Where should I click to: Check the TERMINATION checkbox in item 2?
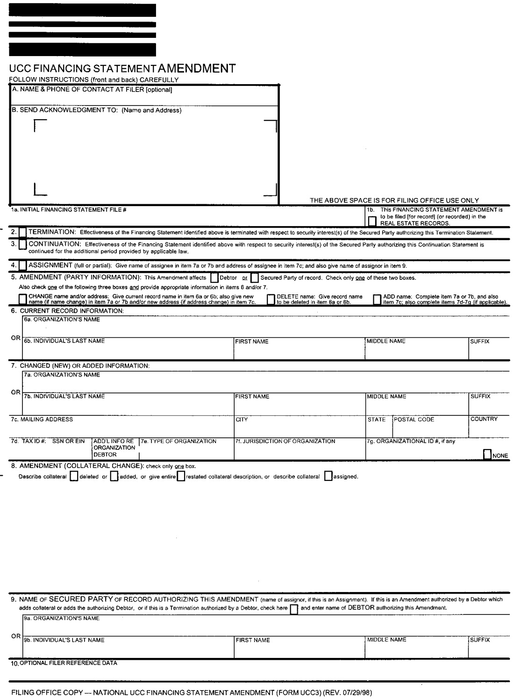click(x=23, y=232)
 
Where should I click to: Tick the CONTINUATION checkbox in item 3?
click(x=23, y=244)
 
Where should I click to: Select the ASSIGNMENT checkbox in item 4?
click(x=23, y=265)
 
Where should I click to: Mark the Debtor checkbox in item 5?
click(x=214, y=278)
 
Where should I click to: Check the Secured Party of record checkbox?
click(x=255, y=278)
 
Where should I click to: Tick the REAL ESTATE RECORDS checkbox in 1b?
click(x=372, y=221)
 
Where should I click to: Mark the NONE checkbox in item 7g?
click(x=487, y=454)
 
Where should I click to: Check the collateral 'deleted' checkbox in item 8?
click(x=73, y=476)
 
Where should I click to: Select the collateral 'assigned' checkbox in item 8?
click(x=328, y=476)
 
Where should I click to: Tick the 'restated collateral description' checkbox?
click(x=181, y=476)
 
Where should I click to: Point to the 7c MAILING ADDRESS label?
click(x=42, y=420)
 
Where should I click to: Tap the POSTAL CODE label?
click(x=414, y=420)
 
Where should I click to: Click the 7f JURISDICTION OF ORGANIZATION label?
click(x=286, y=441)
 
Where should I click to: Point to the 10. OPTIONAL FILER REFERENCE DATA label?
click(x=64, y=663)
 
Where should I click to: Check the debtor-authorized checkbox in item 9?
click(x=294, y=609)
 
